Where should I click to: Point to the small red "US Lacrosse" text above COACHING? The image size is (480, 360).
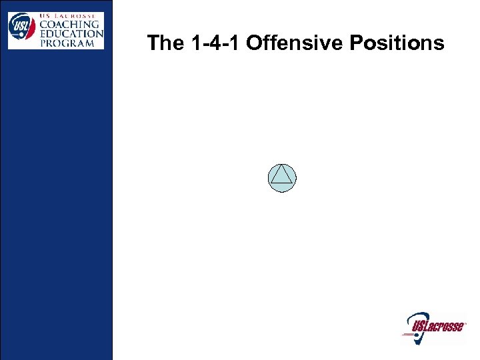(x=73, y=15)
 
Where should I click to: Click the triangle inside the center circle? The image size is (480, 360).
(x=282, y=175)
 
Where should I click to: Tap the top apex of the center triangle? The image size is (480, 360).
(x=282, y=165)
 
